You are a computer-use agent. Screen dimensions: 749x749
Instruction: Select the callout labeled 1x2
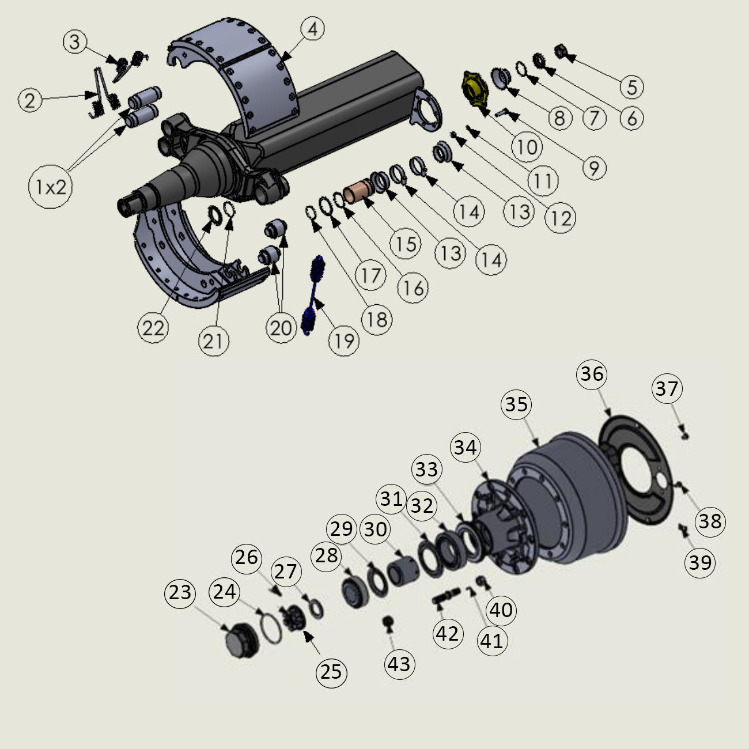point(51,186)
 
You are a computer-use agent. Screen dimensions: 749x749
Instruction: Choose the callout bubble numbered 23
point(180,592)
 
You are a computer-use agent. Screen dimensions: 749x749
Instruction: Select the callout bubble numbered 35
point(516,404)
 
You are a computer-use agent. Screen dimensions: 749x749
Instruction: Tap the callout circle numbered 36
point(592,374)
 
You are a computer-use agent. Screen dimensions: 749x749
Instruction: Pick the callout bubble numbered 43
point(399,664)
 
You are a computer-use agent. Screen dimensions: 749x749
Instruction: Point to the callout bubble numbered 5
point(632,87)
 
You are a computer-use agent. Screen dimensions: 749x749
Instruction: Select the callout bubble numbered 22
point(153,328)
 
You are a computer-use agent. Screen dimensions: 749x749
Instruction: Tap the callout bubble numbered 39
point(700,562)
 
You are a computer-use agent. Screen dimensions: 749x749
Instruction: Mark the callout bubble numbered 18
point(377,319)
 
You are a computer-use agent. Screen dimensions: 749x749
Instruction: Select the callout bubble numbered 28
point(327,555)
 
